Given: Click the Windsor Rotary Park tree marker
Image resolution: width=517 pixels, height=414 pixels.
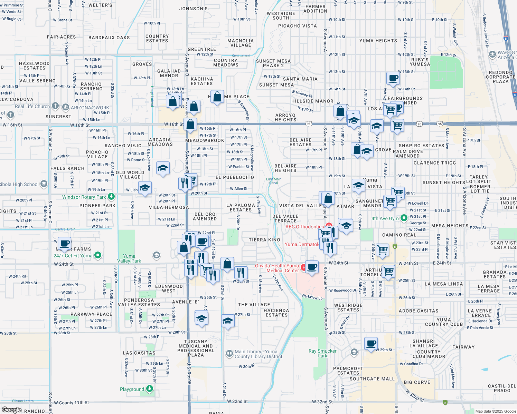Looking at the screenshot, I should (111, 197).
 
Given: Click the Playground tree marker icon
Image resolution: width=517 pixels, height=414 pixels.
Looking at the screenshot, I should (149, 389).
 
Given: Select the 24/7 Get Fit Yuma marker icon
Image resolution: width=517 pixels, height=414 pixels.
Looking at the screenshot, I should (98, 255).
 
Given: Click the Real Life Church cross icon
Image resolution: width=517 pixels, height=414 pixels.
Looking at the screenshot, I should (55, 106).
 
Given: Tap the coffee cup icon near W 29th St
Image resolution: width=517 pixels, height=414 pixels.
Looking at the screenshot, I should (371, 343).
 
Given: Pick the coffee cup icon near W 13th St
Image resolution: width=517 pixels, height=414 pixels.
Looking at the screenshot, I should (393, 78).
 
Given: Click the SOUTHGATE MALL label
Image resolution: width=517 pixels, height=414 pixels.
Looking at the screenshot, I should (372, 379).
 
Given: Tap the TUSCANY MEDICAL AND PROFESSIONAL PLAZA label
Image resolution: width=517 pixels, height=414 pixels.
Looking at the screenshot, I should (196, 348).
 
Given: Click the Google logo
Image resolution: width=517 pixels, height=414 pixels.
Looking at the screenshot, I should (11, 410).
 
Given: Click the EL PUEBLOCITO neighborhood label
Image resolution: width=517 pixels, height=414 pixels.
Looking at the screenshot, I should (235, 177).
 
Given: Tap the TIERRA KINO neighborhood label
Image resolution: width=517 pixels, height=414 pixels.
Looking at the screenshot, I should (264, 240).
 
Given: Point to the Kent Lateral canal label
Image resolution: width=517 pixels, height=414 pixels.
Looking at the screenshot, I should (241, 56).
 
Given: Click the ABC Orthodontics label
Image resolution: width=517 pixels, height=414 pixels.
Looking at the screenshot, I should (304, 227).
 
